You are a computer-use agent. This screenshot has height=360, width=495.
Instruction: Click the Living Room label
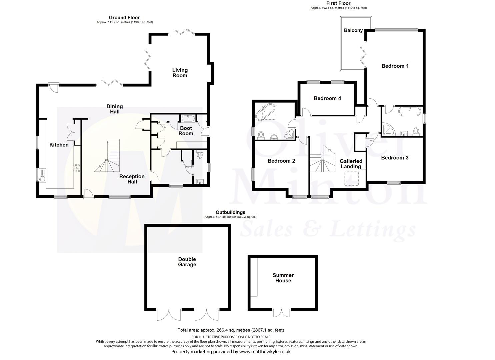pyautogui.click(x=180, y=73)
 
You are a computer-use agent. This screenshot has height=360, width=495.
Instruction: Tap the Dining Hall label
pyautogui.click(x=115, y=109)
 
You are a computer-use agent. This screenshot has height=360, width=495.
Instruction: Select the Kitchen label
pyautogui.click(x=59, y=145)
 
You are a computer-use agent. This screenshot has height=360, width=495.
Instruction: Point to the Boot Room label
pyautogui.click(x=186, y=131)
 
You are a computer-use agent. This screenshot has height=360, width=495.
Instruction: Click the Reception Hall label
pyautogui.click(x=132, y=179)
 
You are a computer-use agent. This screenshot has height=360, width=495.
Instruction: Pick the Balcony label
pyautogui.click(x=353, y=30)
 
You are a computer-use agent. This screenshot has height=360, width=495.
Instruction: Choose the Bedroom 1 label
pyautogui.click(x=395, y=66)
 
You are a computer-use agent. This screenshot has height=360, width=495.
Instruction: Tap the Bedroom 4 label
pyautogui.click(x=327, y=98)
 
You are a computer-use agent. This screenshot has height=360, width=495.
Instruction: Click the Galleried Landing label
pyautogui.click(x=351, y=164)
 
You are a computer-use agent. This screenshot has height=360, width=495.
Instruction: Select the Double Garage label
pyautogui.click(x=187, y=262)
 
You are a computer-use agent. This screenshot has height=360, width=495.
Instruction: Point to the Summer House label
pyautogui.click(x=283, y=278)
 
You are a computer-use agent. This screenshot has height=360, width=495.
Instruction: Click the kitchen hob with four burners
pyautogui.click(x=77, y=167)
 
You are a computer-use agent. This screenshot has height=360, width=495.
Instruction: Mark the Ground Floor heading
pyautogui.click(x=124, y=18)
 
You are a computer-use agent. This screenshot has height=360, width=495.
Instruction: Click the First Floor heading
pyautogui.click(x=338, y=3)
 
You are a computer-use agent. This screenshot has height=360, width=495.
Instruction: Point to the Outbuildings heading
pyautogui.click(x=230, y=212)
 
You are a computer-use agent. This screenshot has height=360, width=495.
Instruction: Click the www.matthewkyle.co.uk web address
pyautogui.click(x=265, y=351)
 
